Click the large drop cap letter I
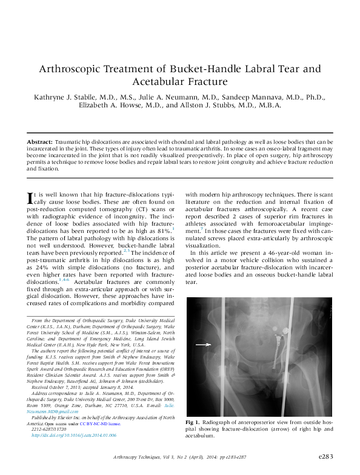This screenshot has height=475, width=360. tap(31, 200)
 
